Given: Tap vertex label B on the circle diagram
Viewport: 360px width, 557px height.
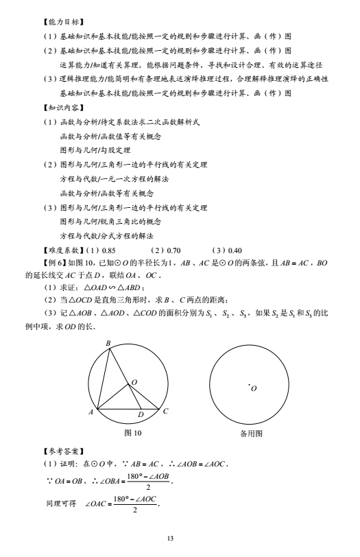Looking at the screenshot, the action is point(107,344).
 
